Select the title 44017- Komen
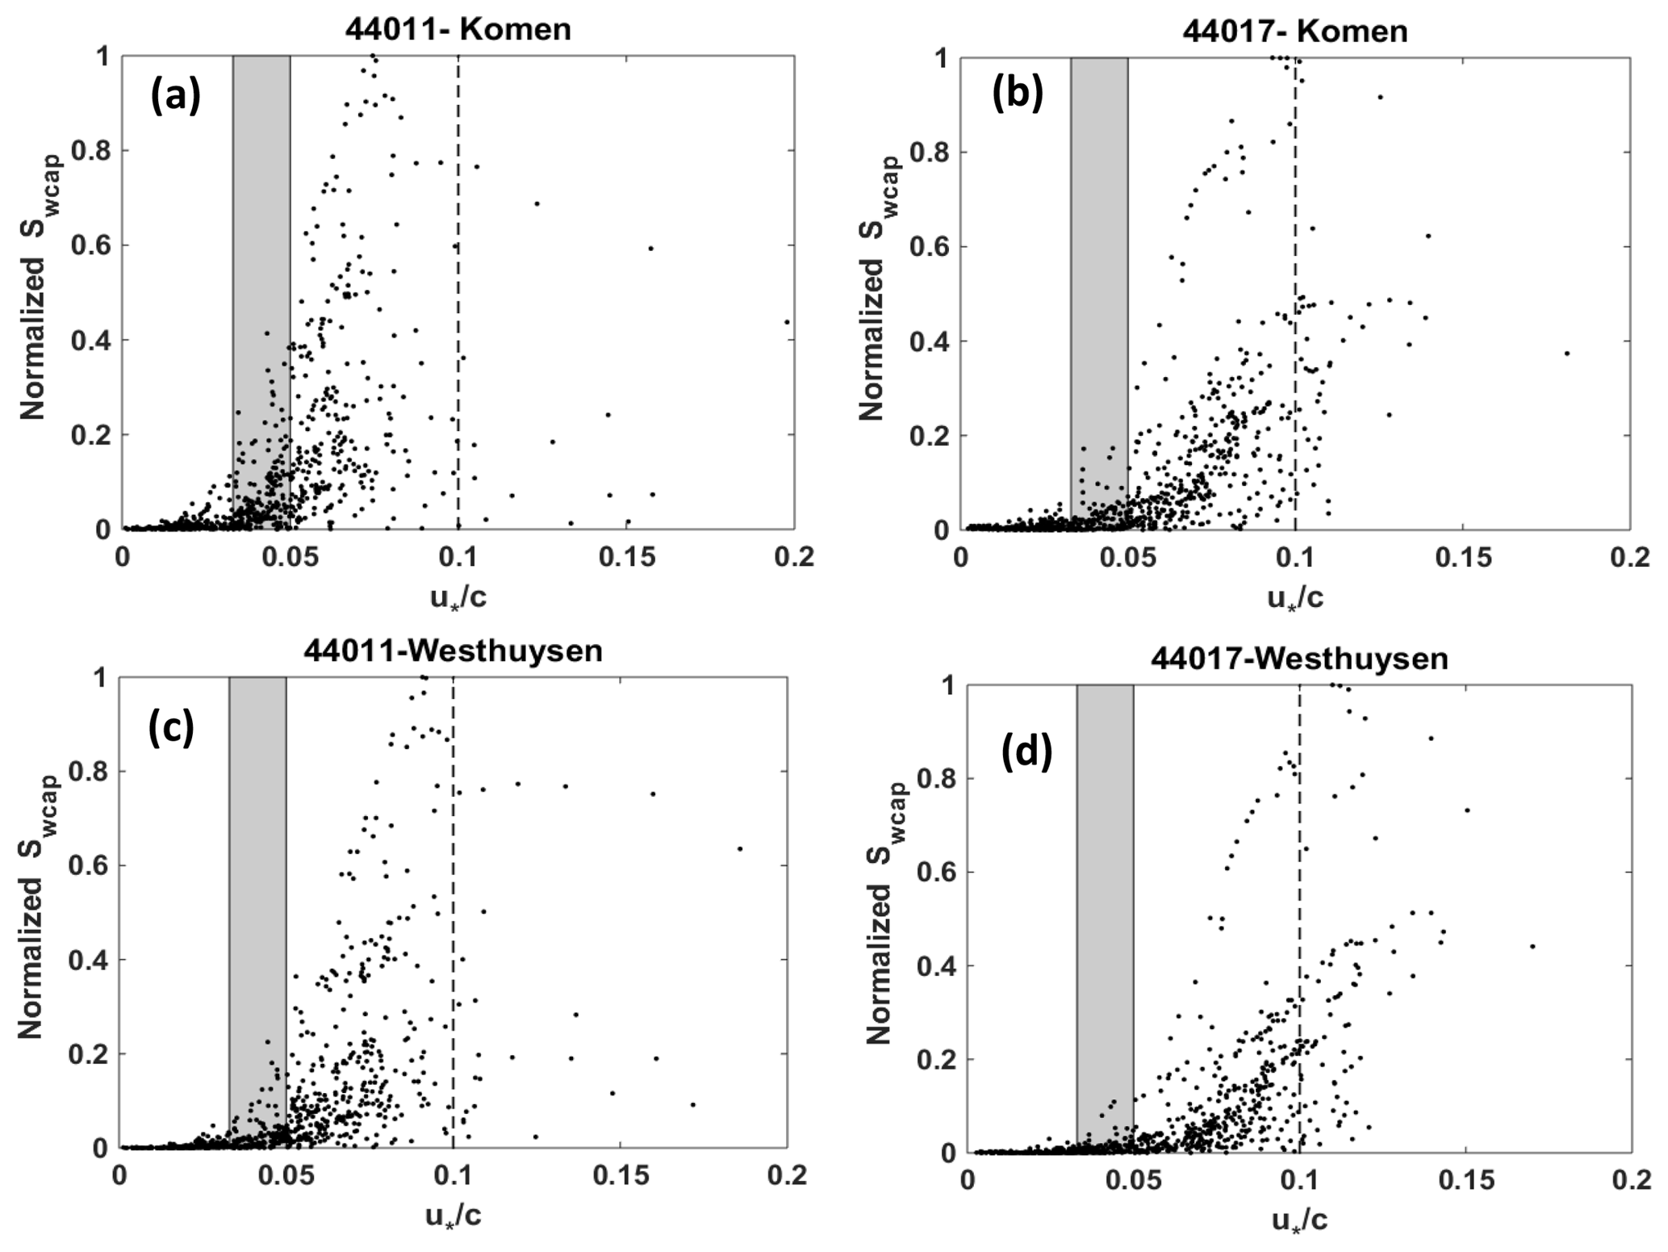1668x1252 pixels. tap(1295, 31)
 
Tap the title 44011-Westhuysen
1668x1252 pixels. tap(453, 651)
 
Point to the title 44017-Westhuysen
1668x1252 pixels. tap(1299, 659)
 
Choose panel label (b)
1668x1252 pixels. tap(1018, 94)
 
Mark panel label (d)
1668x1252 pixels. tap(1026, 753)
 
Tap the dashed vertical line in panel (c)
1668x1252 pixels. tap(454, 912)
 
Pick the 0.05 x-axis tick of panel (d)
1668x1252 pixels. tap(1134, 1181)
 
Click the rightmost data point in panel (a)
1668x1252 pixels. tap(787, 321)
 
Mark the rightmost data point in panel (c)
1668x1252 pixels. tap(739, 848)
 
